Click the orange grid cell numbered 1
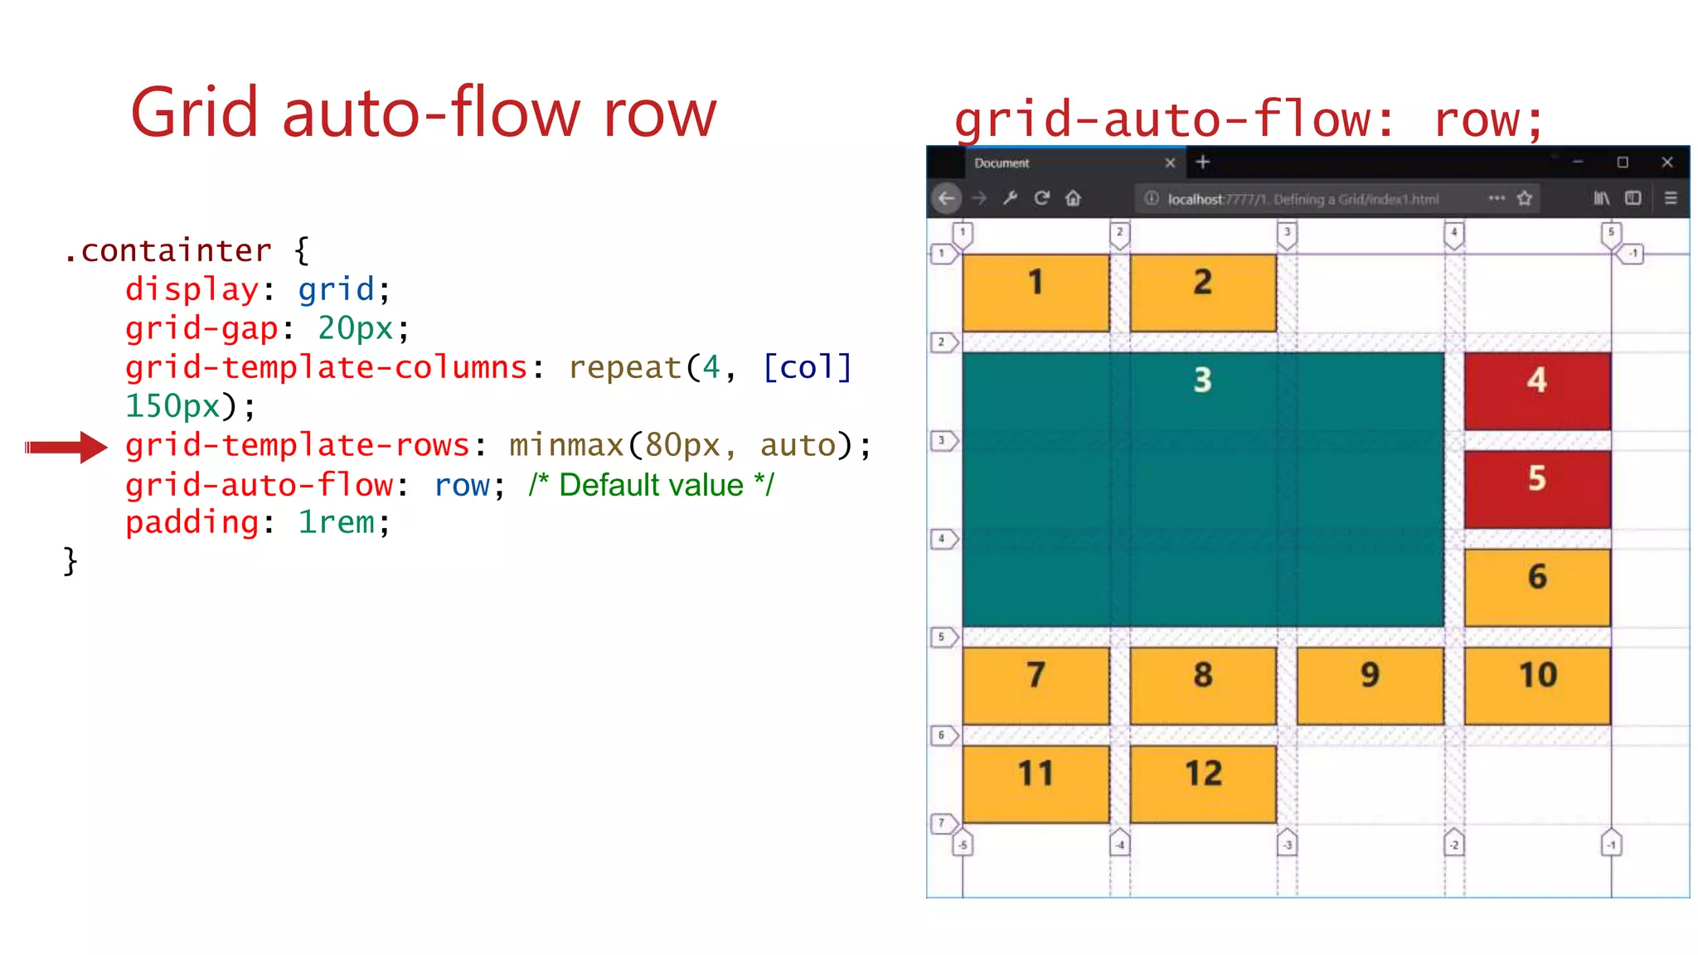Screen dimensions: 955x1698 pyautogui.click(x=1036, y=293)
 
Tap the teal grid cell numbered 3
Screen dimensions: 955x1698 pyautogui.click(x=1202, y=489)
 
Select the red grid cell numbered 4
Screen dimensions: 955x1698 pyautogui.click(x=1537, y=390)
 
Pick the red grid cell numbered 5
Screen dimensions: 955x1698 pyautogui.click(x=1537, y=489)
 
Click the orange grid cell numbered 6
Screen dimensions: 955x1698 pyautogui.click(x=1537, y=587)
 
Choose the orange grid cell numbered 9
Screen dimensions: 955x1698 pyautogui.click(x=1370, y=686)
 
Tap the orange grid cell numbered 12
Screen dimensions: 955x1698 pyautogui.click(x=1202, y=783)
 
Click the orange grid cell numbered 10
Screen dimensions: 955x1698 pyautogui.click(x=1537, y=686)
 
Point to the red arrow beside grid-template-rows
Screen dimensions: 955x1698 pyautogui.click(x=66, y=448)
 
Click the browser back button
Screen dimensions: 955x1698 pyautogui.click(x=946, y=198)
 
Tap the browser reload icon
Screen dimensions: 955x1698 pyautogui.click(x=1042, y=198)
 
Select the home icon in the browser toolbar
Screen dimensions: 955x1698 pyautogui.click(x=1074, y=198)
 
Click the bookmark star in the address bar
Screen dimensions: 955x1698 pyautogui.click(x=1525, y=198)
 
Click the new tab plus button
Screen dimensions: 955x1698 pyautogui.click(x=1203, y=162)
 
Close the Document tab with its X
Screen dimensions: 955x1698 pyautogui.click(x=1170, y=163)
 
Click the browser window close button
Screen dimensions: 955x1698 pyautogui.click(x=1667, y=162)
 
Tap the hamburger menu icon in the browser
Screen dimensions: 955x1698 pyautogui.click(x=1671, y=198)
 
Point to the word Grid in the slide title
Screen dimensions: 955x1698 pyautogui.click(x=195, y=113)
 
